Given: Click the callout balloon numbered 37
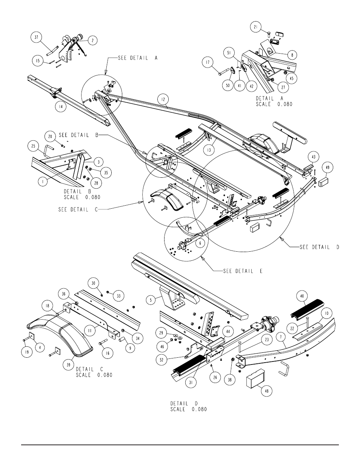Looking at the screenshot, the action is tap(36, 37).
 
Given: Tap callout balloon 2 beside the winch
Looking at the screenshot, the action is tap(92, 40).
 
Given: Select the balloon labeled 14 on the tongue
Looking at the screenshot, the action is tap(61, 106).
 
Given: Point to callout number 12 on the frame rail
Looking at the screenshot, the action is tap(163, 100).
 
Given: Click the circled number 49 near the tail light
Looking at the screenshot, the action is tap(328, 168).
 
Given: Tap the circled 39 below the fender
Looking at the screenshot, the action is tap(69, 365).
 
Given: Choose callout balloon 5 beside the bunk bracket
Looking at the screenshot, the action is tap(151, 300).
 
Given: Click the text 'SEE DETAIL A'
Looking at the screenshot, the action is tap(138, 58).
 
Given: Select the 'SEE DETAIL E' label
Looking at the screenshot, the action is tap(243, 271).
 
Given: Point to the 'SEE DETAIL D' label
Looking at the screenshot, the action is tap(319, 247).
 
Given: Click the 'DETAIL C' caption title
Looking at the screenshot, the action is tap(89, 369).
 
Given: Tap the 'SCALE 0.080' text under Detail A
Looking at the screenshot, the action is tap(274, 104).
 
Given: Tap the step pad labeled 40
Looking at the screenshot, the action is tap(307, 309).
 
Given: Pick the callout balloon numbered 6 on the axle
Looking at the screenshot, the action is tap(200, 243).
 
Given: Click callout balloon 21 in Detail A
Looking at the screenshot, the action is tap(255, 27).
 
